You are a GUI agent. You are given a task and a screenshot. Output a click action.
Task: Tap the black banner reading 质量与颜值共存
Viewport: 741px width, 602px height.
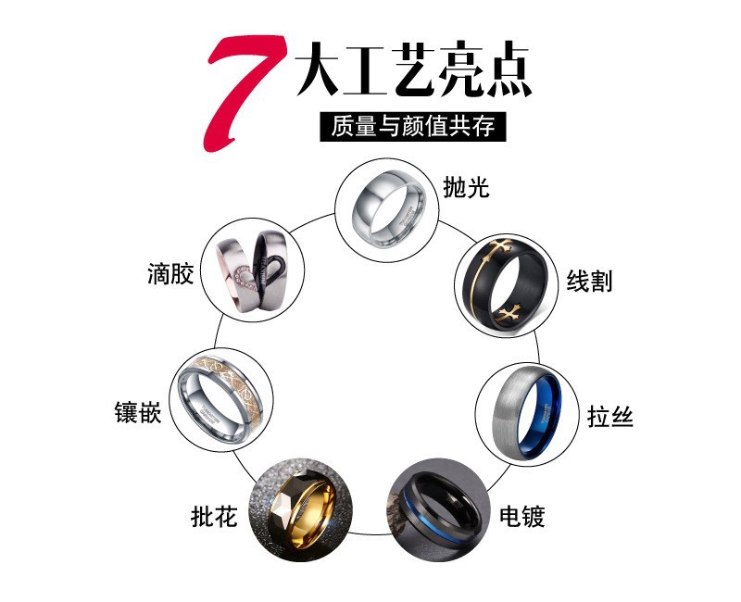[414, 125]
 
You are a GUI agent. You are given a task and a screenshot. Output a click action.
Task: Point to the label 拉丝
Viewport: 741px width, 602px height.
[610, 416]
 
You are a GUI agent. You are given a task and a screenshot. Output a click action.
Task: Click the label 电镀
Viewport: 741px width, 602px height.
[521, 515]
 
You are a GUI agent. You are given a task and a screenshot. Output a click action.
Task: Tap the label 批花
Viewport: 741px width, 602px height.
[214, 515]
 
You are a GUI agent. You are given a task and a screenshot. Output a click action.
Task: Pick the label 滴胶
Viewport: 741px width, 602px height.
[170, 274]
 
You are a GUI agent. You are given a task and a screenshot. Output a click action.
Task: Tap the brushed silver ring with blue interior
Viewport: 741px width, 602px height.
[521, 408]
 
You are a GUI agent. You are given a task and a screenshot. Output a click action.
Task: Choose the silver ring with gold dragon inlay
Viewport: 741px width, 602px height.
[220, 398]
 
